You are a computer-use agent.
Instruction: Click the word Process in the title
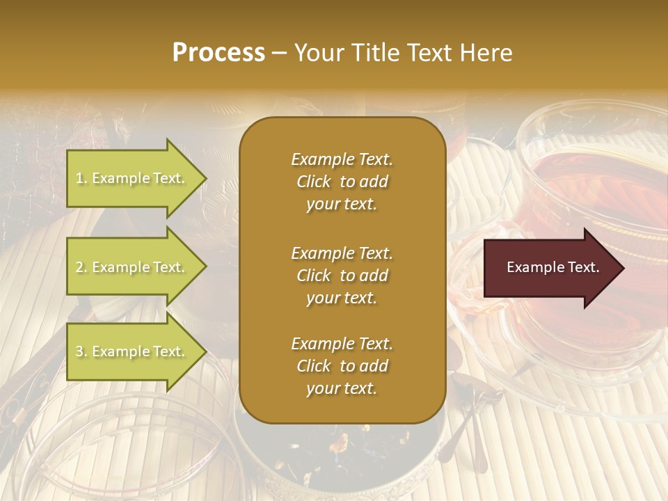pyautogui.click(x=218, y=53)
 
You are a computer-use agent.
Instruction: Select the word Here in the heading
pyautogui.click(x=485, y=53)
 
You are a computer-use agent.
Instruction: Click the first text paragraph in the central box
pyautogui.click(x=342, y=181)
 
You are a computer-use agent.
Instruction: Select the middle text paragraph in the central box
pyautogui.click(x=342, y=275)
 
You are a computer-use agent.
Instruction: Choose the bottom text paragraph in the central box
pyautogui.click(x=342, y=366)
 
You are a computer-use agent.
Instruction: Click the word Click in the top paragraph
pyautogui.click(x=313, y=182)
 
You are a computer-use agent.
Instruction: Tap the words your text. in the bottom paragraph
pyautogui.click(x=342, y=389)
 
